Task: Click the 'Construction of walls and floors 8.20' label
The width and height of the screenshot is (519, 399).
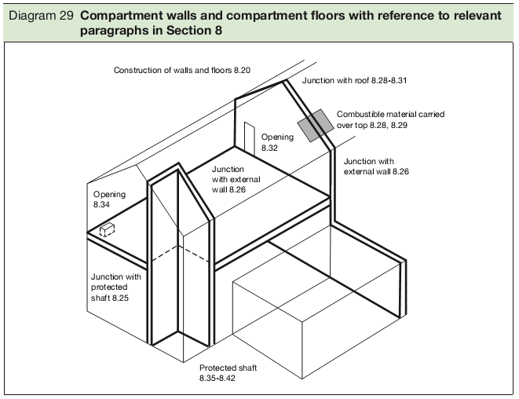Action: (x=182, y=71)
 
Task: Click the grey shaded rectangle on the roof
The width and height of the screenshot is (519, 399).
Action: (x=314, y=125)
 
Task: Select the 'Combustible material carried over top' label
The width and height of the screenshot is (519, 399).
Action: (x=390, y=119)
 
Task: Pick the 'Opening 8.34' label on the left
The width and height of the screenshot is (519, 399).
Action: (x=109, y=199)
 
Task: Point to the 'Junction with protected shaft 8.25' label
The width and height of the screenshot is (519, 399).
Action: (x=115, y=287)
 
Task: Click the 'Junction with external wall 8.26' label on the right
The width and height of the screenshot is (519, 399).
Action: (x=376, y=166)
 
